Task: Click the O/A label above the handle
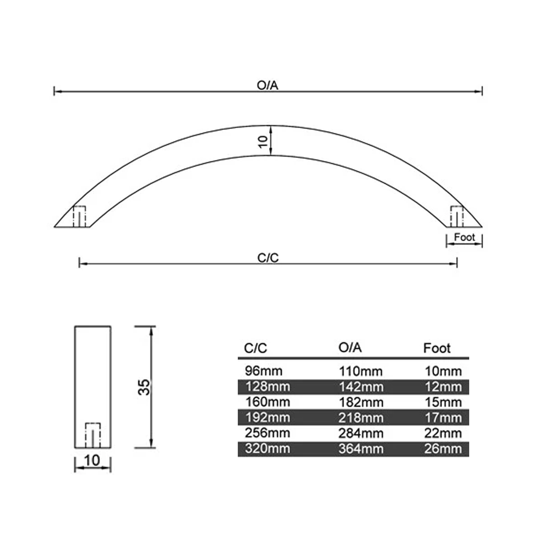pyautogui.click(x=267, y=85)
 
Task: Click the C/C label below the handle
pyautogui.click(x=268, y=258)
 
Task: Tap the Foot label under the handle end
pyautogui.click(x=464, y=237)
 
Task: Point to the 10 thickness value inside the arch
pyautogui.click(x=263, y=142)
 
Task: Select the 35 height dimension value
pyautogui.click(x=144, y=387)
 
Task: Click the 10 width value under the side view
pyautogui.click(x=92, y=461)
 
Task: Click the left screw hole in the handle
pyautogui.click(x=79, y=217)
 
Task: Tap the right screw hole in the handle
pyautogui.click(x=457, y=217)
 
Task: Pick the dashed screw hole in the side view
pyautogui.click(x=93, y=435)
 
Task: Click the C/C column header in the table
pyautogui.click(x=255, y=348)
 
